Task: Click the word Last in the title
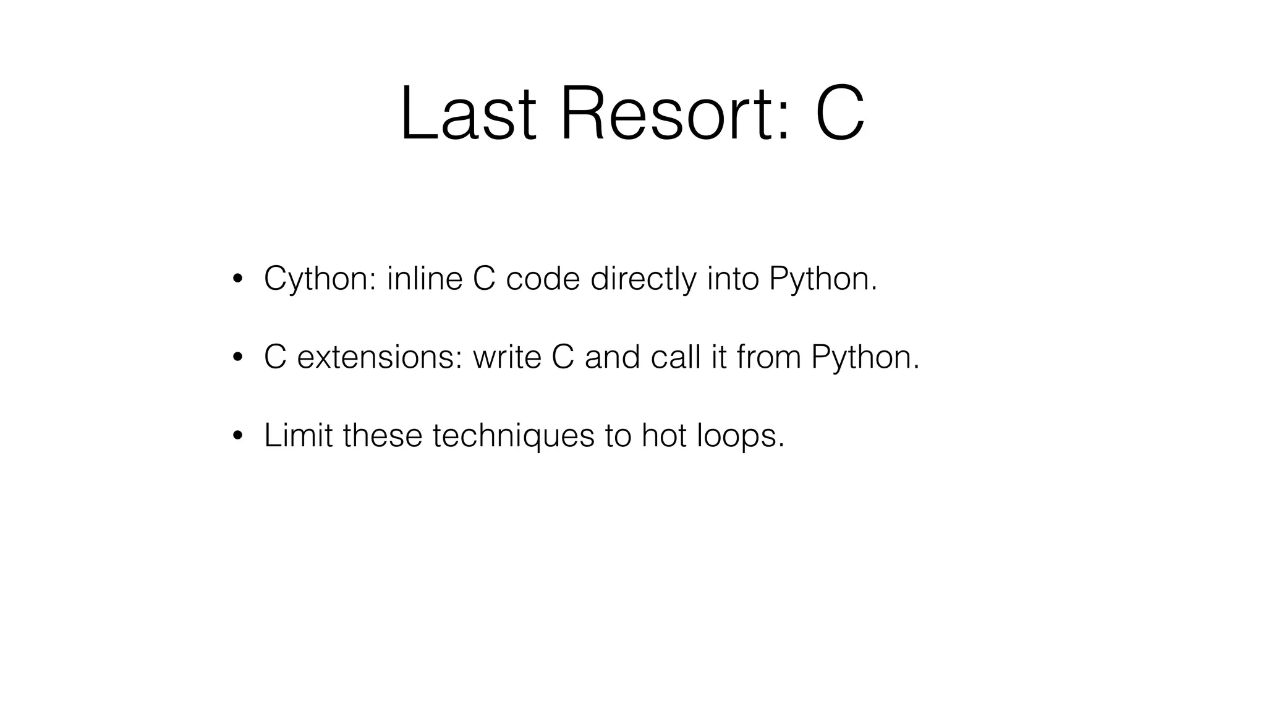point(467,115)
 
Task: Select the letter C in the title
point(839,115)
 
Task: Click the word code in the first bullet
point(543,279)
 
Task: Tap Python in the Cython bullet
point(823,279)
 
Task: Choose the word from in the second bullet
point(768,357)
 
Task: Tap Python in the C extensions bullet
point(865,358)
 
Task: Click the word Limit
point(299,435)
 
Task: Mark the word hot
point(663,435)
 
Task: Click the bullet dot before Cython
point(238,279)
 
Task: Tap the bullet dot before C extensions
point(238,358)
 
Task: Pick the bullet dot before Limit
point(238,436)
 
